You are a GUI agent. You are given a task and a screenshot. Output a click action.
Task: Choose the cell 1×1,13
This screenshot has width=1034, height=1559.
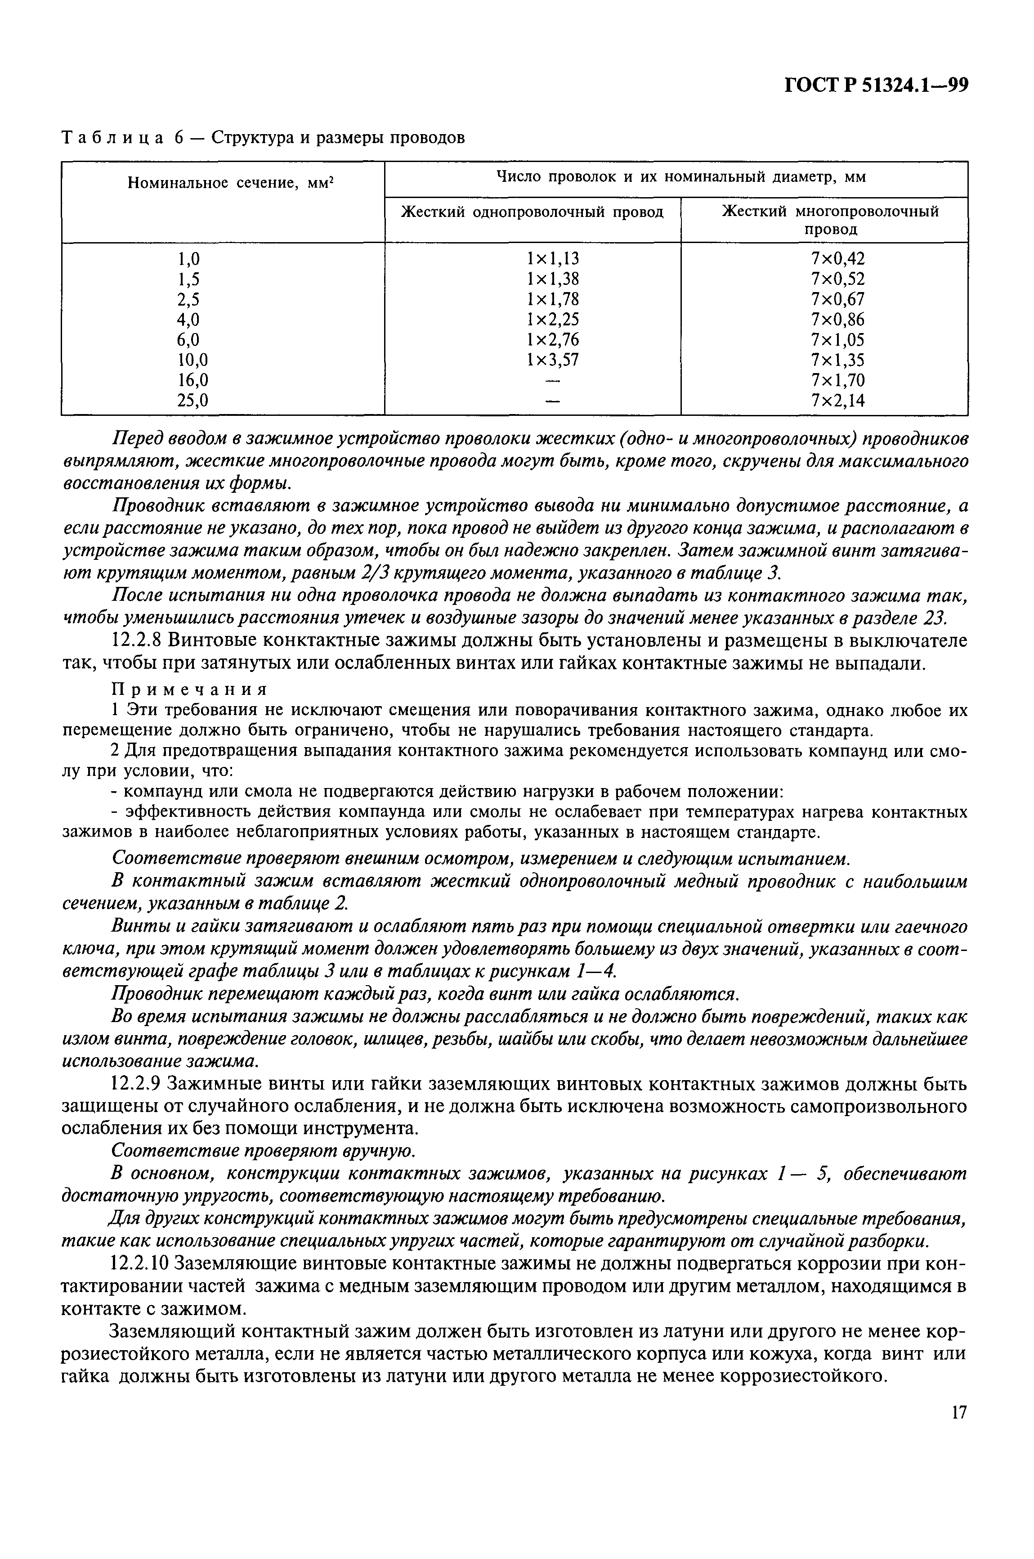click(x=553, y=258)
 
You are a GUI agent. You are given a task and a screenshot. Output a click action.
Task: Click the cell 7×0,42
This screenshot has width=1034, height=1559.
click(x=837, y=258)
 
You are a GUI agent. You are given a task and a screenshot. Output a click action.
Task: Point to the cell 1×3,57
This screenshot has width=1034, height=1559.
click(x=553, y=360)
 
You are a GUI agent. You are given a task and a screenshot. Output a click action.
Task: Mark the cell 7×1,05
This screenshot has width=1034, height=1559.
click(x=837, y=340)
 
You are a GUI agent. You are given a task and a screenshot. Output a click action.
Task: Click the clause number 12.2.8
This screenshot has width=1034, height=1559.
click(x=137, y=641)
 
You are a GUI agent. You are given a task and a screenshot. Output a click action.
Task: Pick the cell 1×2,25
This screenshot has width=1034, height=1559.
click(x=553, y=320)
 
